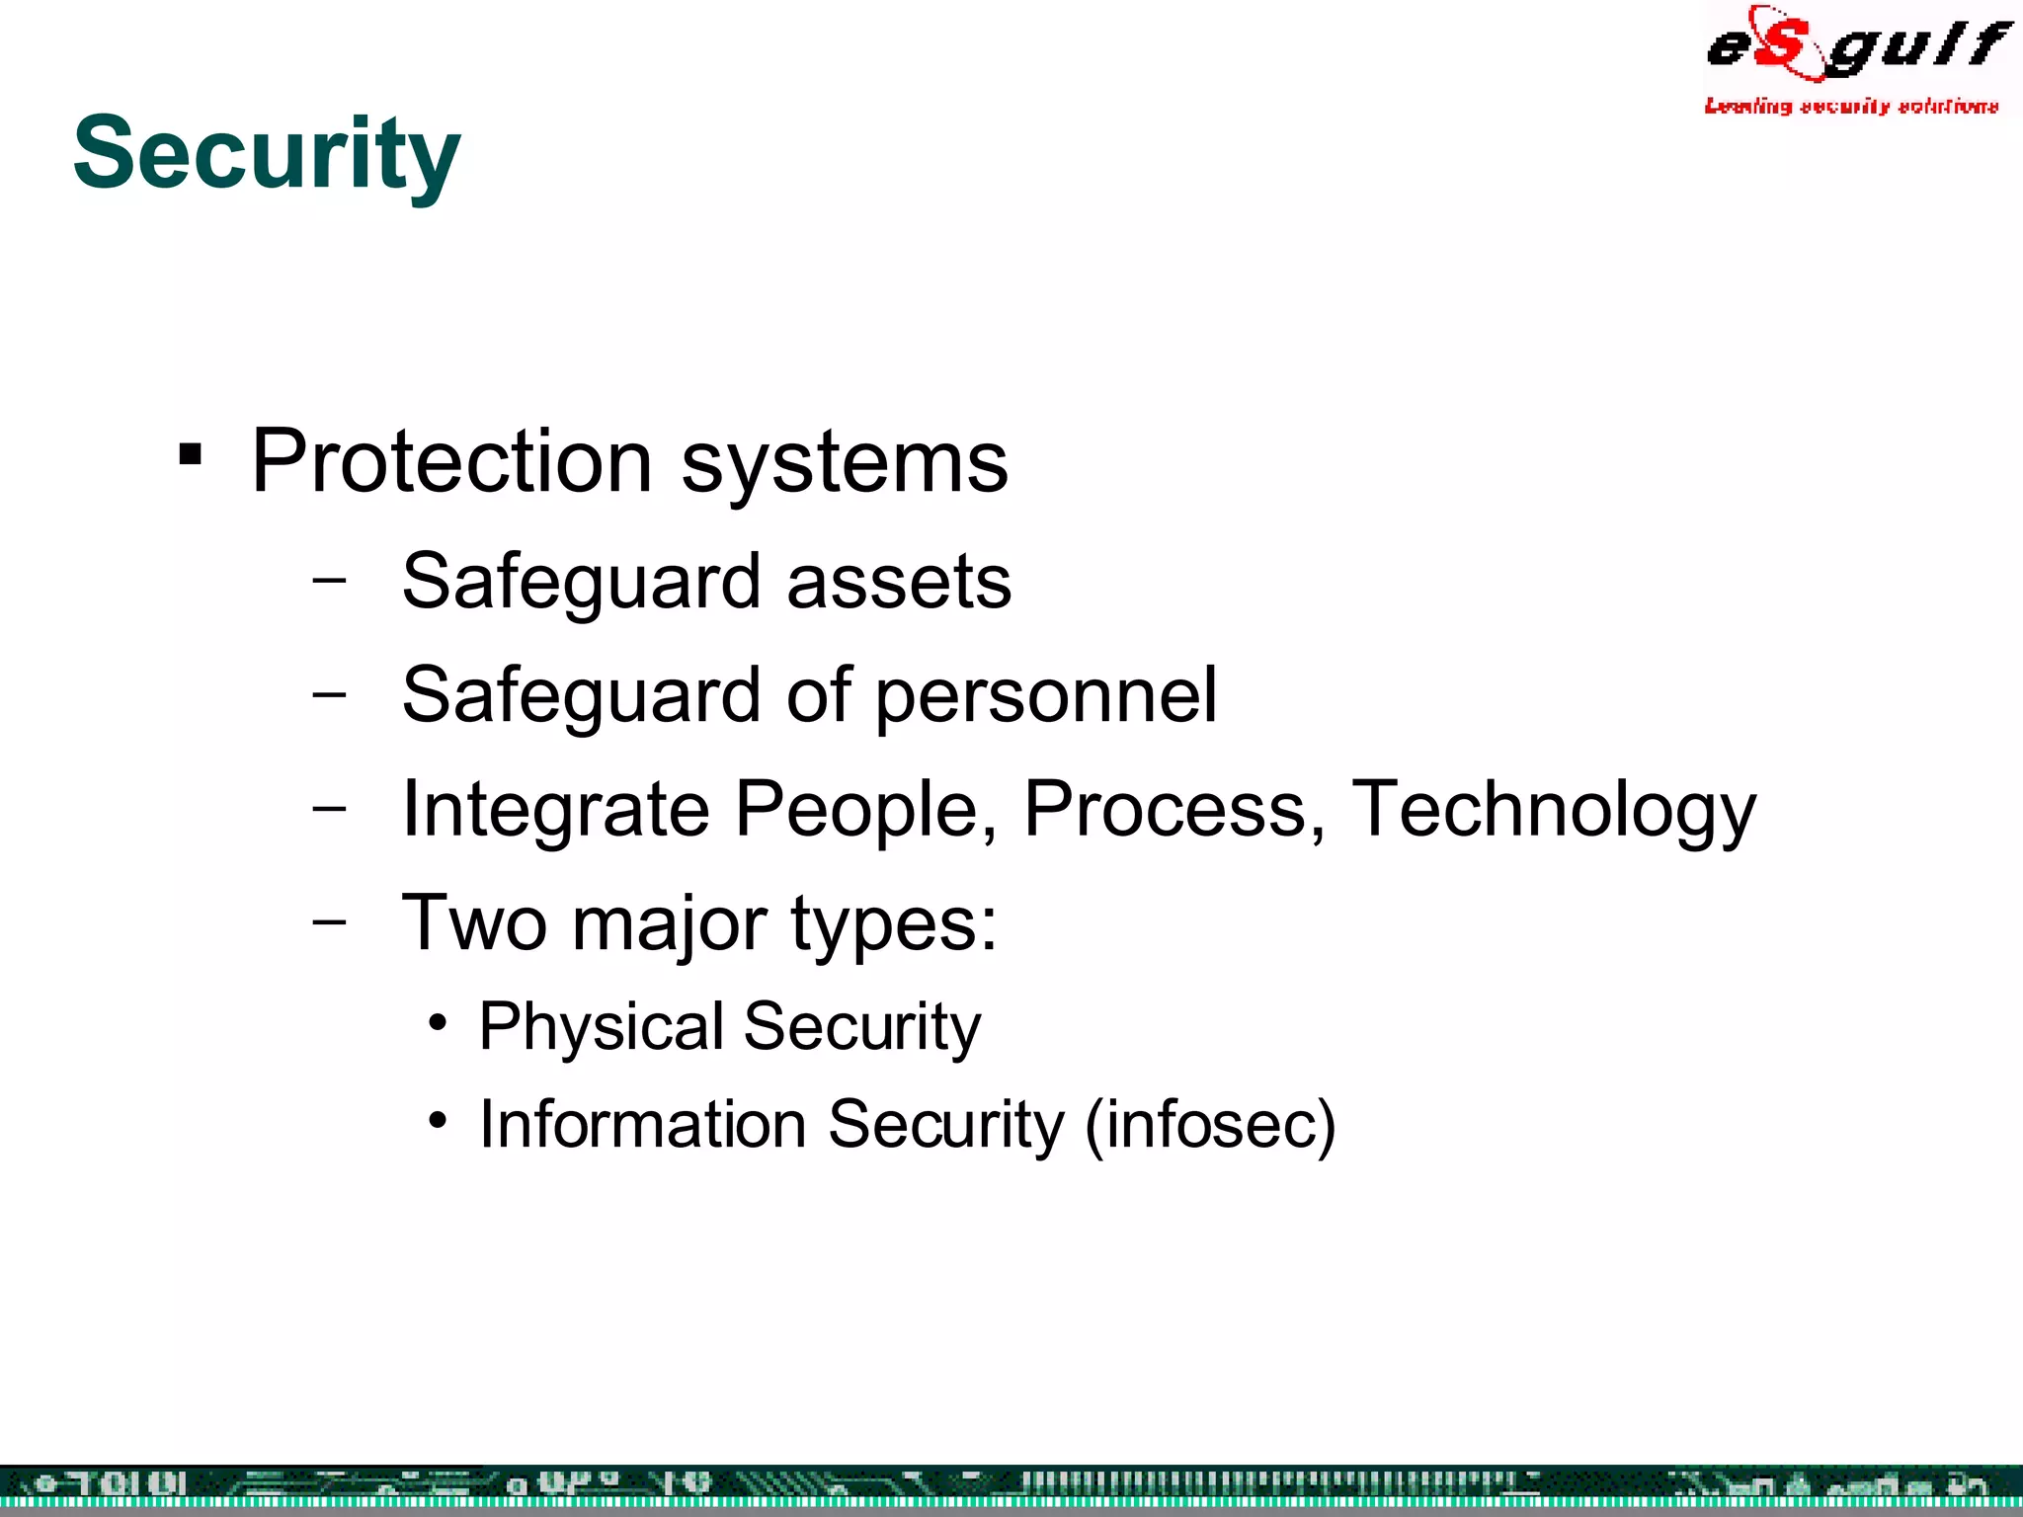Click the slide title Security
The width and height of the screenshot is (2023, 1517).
[267, 154]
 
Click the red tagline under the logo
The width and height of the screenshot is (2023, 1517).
[1851, 106]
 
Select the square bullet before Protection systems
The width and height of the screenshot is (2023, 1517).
[191, 455]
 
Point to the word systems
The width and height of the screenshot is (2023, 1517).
[845, 464]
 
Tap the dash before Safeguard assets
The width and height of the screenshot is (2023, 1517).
[329, 580]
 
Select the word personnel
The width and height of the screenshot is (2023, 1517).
[1046, 697]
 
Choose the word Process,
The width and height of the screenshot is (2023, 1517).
[1174, 810]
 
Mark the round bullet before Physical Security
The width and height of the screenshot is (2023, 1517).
[439, 1022]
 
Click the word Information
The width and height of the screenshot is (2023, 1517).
[642, 1125]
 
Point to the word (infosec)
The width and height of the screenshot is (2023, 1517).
[1210, 1125]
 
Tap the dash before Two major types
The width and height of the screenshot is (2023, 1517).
[329, 921]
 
